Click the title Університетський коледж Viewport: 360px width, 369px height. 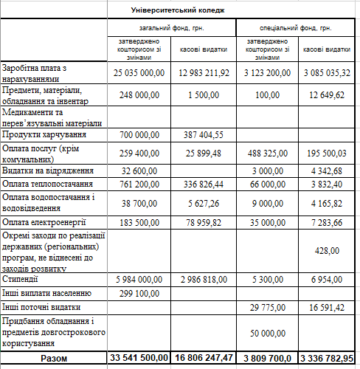point(177,10)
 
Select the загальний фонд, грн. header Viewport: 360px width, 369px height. point(173,28)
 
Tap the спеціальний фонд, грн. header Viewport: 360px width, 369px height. point(295,28)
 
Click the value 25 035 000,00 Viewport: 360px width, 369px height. point(139,73)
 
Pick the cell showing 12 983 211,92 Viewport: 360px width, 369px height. point(204,73)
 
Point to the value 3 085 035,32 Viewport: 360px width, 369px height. point(325,73)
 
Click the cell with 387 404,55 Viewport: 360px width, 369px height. point(203,135)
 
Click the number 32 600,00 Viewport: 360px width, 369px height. point(139,170)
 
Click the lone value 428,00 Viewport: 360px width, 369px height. point(327,251)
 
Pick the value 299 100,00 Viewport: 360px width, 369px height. point(139,293)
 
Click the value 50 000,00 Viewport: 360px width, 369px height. point(266,334)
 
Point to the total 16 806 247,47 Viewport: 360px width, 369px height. point(204,357)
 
